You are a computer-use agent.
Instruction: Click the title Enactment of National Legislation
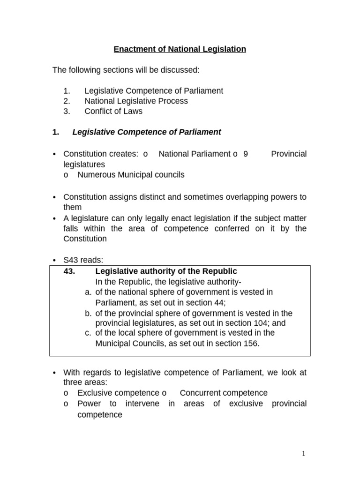[x=180, y=49]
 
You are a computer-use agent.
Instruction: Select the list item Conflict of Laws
[x=113, y=112]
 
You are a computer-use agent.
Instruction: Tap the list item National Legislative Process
[x=136, y=101]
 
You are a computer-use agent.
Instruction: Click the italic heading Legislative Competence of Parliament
[x=146, y=132]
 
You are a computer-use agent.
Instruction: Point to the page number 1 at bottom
[x=304, y=453]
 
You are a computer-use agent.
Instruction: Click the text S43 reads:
[x=83, y=260]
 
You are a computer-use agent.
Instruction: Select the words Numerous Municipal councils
[x=131, y=175]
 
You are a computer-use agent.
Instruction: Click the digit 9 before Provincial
[x=245, y=154]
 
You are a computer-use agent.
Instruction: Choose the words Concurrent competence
[x=224, y=393]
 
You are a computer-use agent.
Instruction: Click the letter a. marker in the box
[x=88, y=292]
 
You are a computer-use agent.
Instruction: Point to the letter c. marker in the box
[x=88, y=333]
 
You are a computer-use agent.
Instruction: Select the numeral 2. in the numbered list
[x=66, y=101]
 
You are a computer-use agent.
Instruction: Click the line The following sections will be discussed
[x=126, y=70]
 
